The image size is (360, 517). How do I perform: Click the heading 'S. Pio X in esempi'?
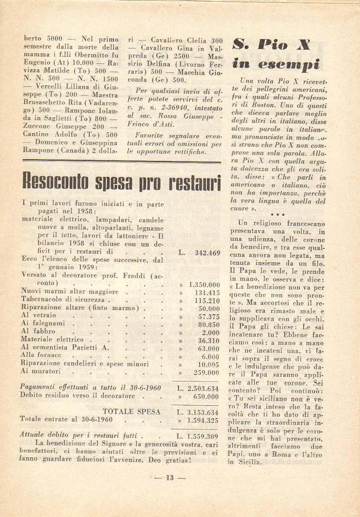[276, 53]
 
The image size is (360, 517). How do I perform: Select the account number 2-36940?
[166, 125]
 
